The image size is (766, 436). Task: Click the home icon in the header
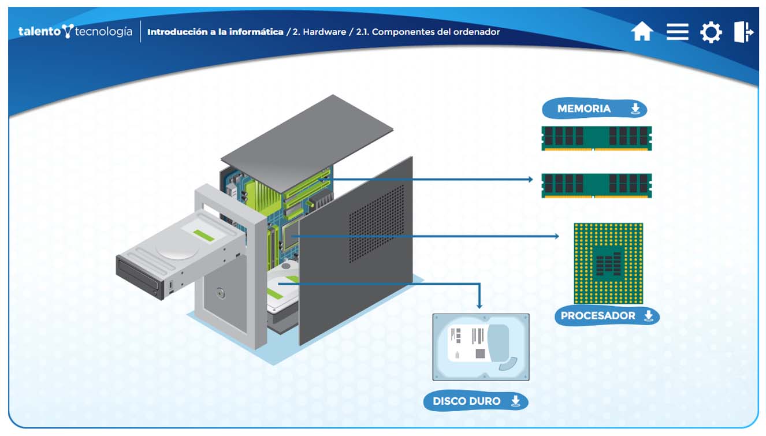tap(642, 31)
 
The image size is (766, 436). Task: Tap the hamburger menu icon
tap(677, 31)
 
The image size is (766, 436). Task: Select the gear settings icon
tap(711, 32)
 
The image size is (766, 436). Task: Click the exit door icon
tap(743, 31)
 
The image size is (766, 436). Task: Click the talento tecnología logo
tap(75, 31)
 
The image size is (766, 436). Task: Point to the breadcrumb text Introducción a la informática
tap(215, 32)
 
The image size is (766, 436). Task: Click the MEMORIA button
tap(594, 109)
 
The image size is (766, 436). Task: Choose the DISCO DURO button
tap(475, 401)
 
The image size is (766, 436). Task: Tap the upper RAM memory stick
tap(596, 138)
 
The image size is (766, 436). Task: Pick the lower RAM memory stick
tap(596, 185)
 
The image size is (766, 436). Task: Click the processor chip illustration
tap(608, 263)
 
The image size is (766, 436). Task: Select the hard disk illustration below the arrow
tap(481, 346)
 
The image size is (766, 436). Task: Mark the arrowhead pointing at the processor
tap(556, 236)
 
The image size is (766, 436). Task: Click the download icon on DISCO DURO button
tap(515, 401)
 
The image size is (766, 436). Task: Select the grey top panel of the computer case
tap(306, 142)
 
